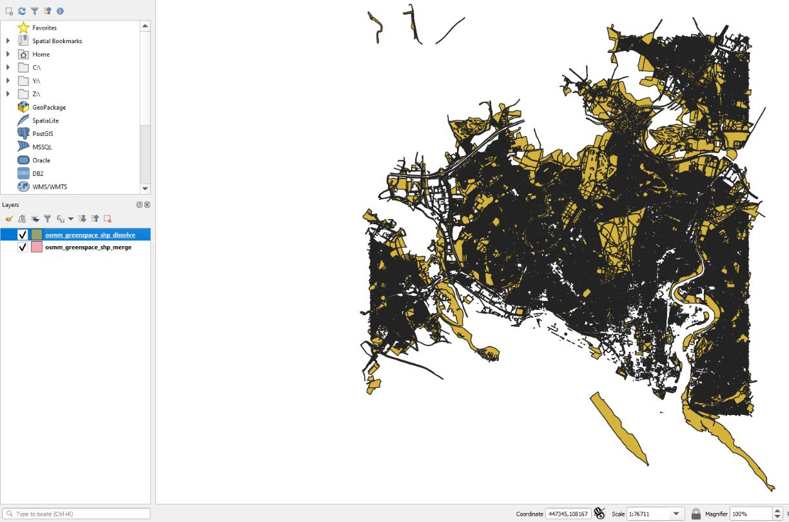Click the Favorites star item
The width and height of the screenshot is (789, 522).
coord(44,28)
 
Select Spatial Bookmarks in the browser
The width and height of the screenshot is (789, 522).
coord(57,41)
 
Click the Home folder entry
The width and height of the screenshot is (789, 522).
coord(41,54)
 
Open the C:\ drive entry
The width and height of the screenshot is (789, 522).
coord(37,68)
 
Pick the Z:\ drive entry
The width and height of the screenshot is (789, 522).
coord(37,94)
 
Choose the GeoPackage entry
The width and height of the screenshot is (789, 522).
coord(49,108)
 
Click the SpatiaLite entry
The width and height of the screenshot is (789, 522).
coord(45,121)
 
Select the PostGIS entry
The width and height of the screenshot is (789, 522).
coord(43,134)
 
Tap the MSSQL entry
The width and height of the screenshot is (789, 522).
coord(42,147)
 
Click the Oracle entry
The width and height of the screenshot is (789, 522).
coord(41,160)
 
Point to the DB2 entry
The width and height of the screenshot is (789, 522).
coord(38,173)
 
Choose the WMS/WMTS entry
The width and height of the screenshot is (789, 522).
coord(49,187)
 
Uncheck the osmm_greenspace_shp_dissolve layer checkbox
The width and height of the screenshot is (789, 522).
coord(23,235)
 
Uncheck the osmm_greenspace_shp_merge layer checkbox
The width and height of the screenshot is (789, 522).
coord(23,247)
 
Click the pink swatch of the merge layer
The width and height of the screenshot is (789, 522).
coord(37,247)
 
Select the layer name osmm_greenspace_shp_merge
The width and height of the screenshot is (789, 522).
coord(88,247)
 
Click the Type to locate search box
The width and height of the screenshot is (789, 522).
coord(77,514)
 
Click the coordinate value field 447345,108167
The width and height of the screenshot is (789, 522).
coord(567,514)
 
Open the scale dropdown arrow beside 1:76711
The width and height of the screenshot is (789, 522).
coord(676,514)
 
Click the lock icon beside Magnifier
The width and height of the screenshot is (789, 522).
coord(696,514)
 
